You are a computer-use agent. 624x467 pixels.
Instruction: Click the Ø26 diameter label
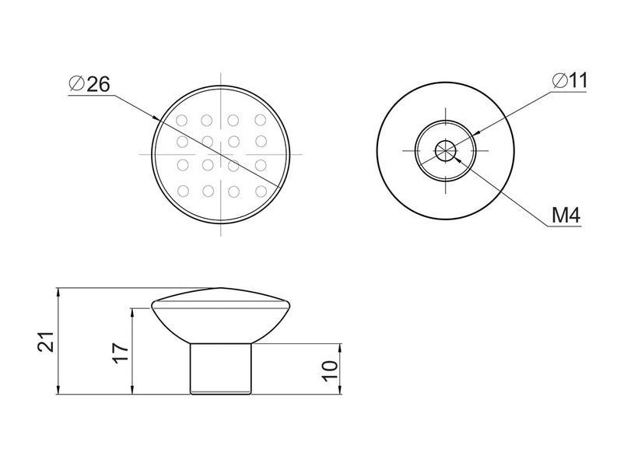click(89, 84)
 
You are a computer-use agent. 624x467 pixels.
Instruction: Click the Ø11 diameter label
click(570, 81)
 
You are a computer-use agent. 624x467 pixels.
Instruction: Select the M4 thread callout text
click(566, 216)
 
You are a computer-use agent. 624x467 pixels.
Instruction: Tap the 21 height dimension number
click(46, 341)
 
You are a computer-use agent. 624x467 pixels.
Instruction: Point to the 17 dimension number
click(120, 352)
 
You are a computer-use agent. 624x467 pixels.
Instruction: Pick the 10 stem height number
click(330, 371)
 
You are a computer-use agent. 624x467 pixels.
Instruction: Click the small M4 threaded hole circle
click(445, 150)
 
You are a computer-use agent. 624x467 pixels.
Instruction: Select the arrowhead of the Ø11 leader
click(473, 134)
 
